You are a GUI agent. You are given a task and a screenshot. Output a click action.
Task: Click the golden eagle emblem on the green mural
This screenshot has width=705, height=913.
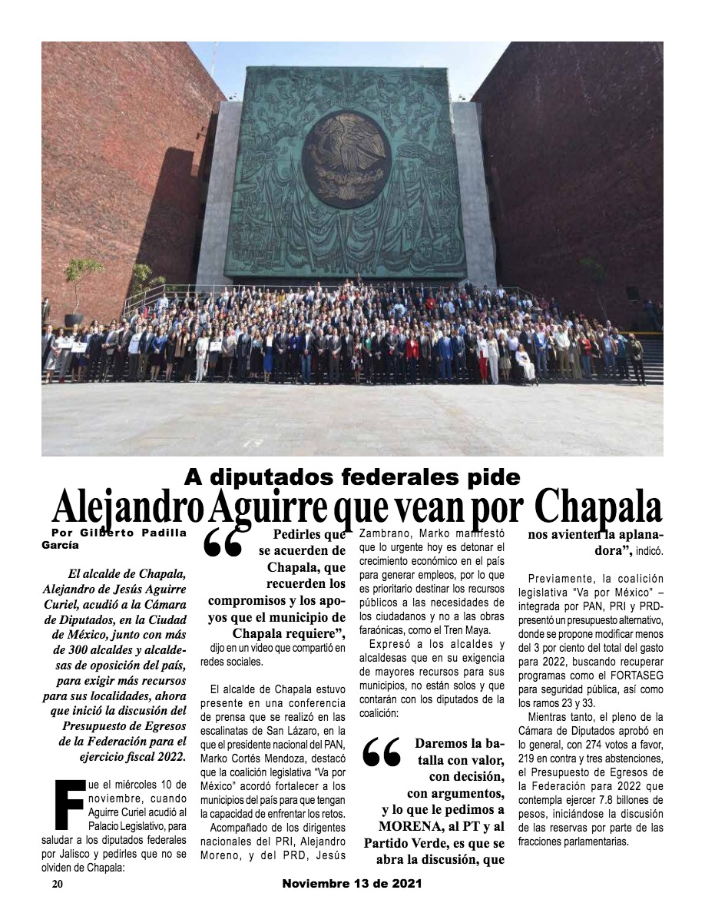tap(347, 159)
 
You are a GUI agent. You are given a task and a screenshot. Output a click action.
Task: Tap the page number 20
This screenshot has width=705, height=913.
tap(58, 885)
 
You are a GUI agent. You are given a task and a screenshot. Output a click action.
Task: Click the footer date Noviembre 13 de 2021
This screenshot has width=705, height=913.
tap(352, 885)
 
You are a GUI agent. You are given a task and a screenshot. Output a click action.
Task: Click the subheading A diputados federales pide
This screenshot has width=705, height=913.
tap(352, 477)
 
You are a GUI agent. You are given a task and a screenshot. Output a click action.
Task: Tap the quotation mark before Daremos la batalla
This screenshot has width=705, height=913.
tap(381, 753)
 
